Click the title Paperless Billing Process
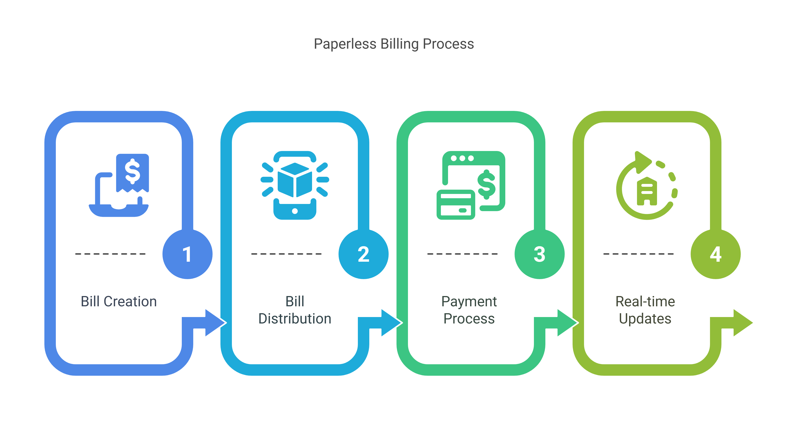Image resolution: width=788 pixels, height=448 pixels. click(394, 44)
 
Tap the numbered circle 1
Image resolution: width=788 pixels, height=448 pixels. click(187, 254)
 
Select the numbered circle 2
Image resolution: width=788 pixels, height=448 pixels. click(363, 254)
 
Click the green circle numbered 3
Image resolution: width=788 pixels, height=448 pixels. click(539, 254)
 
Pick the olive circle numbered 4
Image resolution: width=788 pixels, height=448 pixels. click(715, 254)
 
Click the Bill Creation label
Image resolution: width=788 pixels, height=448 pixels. click(119, 302)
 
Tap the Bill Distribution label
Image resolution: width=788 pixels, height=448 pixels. click(295, 310)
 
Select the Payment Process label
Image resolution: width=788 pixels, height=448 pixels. click(469, 310)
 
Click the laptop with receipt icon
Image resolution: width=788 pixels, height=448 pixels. click(119, 185)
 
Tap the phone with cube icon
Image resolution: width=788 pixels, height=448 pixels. click(295, 185)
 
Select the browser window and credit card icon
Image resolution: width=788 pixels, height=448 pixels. click(471, 185)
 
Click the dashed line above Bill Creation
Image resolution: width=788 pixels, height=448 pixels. click(110, 254)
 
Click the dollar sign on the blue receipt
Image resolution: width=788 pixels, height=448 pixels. click(133, 171)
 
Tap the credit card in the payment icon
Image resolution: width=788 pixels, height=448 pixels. click(456, 205)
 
